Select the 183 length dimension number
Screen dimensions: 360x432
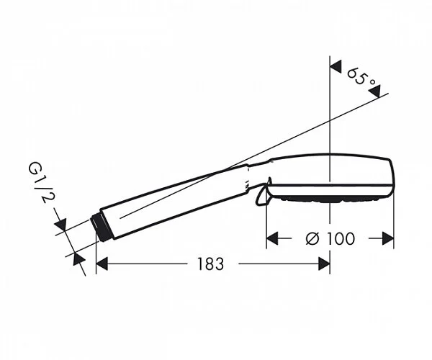click(209, 264)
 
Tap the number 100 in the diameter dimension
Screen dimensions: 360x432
click(339, 238)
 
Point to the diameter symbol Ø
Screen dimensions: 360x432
click(312, 238)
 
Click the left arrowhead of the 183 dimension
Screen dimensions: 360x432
click(102, 264)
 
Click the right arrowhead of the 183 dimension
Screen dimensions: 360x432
click(324, 264)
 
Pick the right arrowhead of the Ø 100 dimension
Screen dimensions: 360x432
click(387, 238)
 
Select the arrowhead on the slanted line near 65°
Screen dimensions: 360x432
click(379, 90)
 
